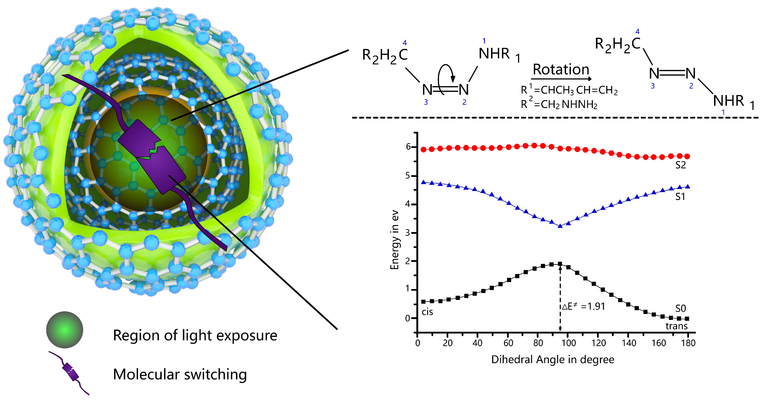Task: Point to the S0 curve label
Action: click(x=680, y=308)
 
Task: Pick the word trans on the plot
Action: click(x=676, y=326)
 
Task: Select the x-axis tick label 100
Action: click(x=568, y=343)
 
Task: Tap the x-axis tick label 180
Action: click(x=688, y=343)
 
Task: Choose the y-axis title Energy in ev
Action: click(x=395, y=240)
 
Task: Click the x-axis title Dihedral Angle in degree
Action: click(x=552, y=360)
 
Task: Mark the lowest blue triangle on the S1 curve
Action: click(x=560, y=226)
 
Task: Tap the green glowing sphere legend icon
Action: click(x=65, y=330)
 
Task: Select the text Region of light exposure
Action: click(x=195, y=335)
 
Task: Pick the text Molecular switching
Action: click(x=180, y=374)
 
